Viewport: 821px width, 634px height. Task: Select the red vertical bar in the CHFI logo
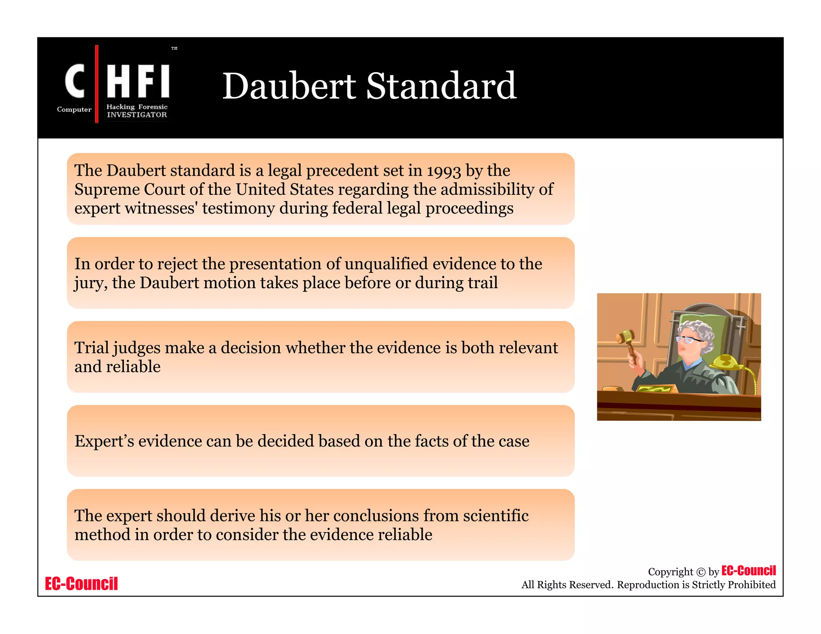coord(97,84)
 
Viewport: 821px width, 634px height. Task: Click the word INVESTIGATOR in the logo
coord(137,115)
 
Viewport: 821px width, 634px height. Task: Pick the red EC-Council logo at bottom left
coord(81,584)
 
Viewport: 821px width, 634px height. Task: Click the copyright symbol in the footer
coord(700,572)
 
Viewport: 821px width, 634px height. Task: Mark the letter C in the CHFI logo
coord(75,81)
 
